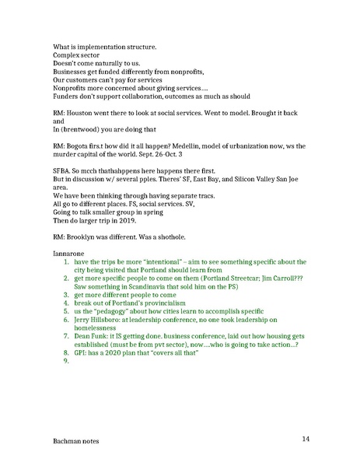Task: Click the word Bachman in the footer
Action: pyautogui.click(x=68, y=449)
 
